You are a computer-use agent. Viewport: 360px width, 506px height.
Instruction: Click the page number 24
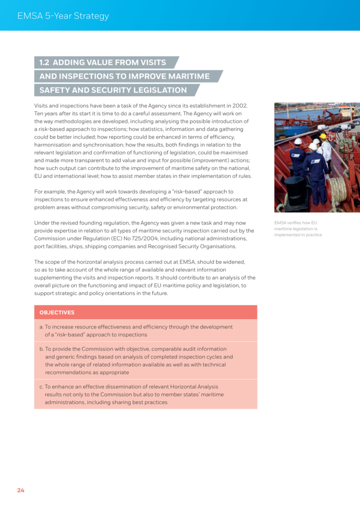pos(20,490)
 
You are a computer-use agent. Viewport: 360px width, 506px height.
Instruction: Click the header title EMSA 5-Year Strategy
pos(63,16)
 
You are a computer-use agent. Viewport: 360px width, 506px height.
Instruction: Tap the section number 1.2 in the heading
pos(44,63)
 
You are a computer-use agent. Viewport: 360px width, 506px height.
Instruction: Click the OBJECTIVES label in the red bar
pos(57,312)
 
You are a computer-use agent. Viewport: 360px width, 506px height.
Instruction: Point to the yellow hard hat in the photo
pos(323,136)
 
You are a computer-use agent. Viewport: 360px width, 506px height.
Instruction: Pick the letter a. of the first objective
pos(41,327)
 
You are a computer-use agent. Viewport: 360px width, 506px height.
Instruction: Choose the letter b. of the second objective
pos(41,349)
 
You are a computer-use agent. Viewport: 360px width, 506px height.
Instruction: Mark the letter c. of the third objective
pos(41,387)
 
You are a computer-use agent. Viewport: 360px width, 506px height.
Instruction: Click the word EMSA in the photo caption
pos(281,223)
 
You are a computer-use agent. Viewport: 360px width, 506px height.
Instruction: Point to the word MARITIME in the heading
pos(186,77)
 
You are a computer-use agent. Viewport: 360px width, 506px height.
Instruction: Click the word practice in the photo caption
pos(313,235)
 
